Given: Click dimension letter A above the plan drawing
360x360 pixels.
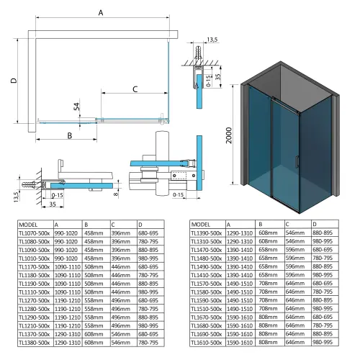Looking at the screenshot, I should pos(100,12).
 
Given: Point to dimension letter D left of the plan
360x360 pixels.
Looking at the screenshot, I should pos(13,81).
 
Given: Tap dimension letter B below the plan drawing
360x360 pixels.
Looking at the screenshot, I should pos(70,135).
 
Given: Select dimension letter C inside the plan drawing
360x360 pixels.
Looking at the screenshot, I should pos(135,89).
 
